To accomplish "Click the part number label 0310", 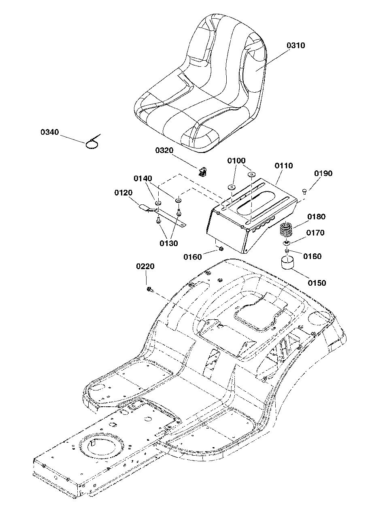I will [296, 45].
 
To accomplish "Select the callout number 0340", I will [50, 132].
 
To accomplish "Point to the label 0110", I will [284, 166].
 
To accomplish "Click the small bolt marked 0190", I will [305, 191].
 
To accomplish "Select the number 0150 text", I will [317, 283].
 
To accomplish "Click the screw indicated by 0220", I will [150, 289].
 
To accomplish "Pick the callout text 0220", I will [145, 266].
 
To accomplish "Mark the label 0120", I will [123, 193].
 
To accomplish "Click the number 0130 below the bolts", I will [168, 243].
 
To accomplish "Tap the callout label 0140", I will [143, 178].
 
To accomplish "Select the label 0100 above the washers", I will [236, 161].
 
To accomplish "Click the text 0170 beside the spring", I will [315, 233].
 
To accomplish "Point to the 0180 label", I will [316, 217].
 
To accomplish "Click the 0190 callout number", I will [323, 174].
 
